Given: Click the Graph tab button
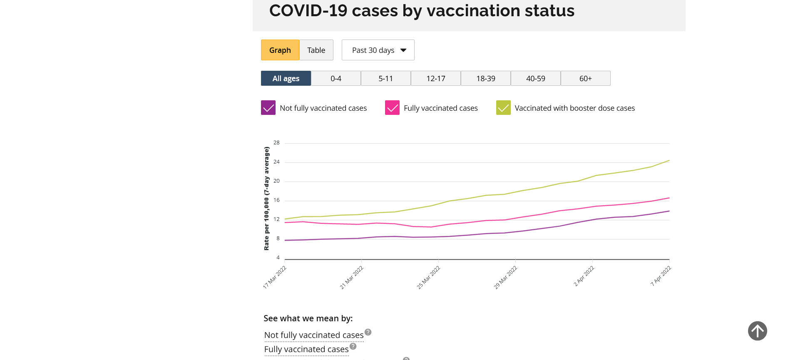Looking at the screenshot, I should point(280,50).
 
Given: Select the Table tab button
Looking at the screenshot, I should point(316,50).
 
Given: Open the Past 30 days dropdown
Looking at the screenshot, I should point(378,50).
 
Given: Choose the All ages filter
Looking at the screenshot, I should point(286,78).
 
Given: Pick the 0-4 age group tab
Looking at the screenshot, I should point(336,78).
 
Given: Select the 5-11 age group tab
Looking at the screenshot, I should point(385,78).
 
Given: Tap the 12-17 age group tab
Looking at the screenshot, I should point(435,78).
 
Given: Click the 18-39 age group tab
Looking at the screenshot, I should point(485,78).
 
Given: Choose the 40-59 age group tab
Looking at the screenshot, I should point(535,78).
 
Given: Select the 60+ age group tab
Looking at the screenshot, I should point(585,78).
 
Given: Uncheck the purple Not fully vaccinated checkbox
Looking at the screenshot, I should point(268,108).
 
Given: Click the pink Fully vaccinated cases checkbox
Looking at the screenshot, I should point(392,108).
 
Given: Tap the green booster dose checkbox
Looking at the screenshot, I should point(503,108).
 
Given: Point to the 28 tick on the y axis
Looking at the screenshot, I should point(276,143).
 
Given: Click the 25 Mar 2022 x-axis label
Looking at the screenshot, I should point(428,277).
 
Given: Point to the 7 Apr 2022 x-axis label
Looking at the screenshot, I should point(661,276).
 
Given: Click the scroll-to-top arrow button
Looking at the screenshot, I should point(757,331).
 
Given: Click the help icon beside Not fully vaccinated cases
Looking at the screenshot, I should point(368,332).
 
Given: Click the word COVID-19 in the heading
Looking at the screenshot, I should point(308,10).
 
